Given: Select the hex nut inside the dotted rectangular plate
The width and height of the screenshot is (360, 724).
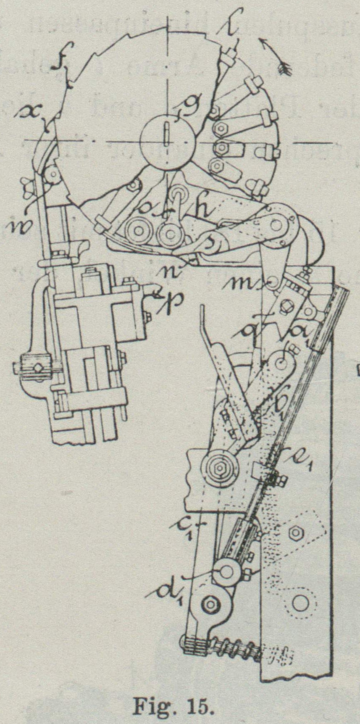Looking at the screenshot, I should click(295, 533).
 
